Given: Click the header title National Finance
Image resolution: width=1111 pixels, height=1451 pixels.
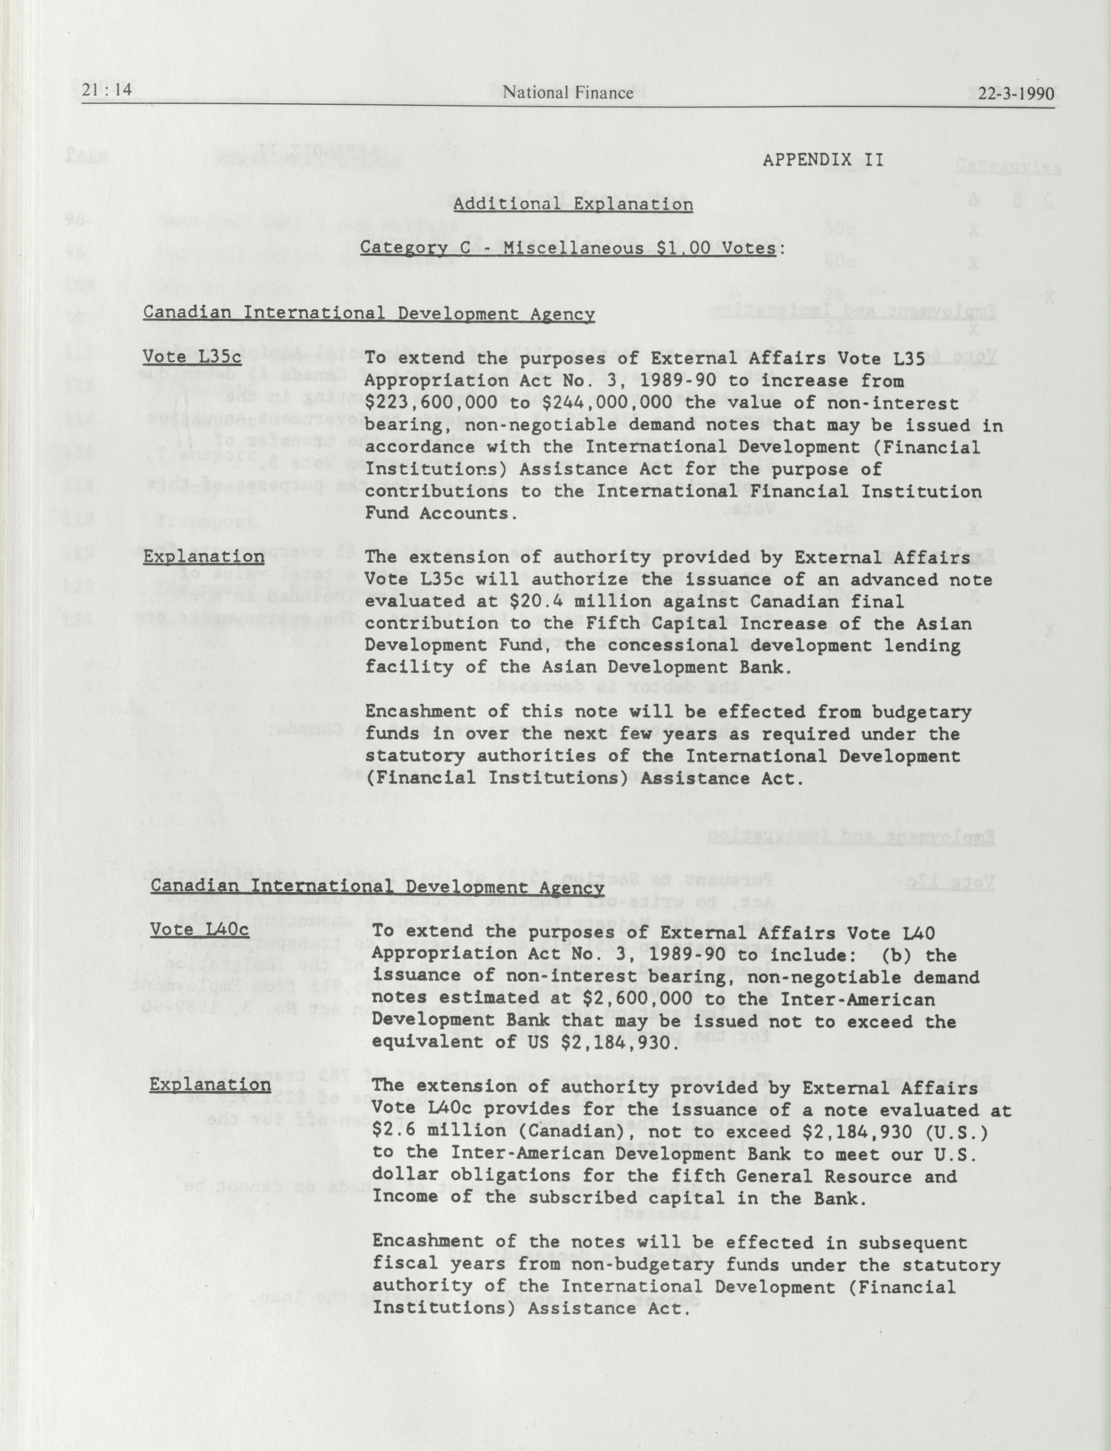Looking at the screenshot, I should tap(567, 92).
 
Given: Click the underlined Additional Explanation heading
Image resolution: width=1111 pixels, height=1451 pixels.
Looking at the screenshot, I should tap(573, 204).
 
